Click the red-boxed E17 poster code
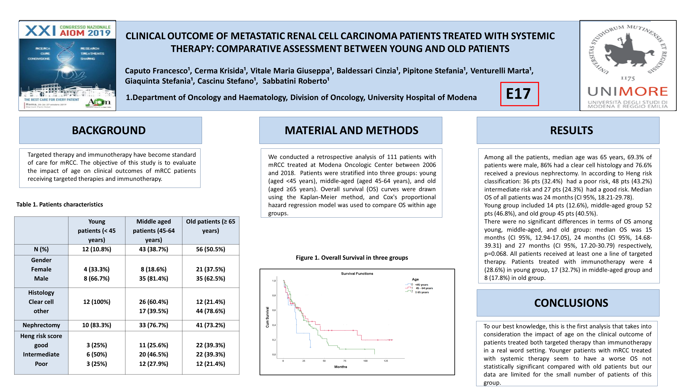(x=519, y=94)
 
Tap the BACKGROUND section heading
(x=109, y=130)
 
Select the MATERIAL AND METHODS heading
(x=351, y=130)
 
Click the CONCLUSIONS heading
(x=571, y=303)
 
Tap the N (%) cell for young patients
(x=97, y=249)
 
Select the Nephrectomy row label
(x=41, y=325)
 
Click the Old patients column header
(x=211, y=226)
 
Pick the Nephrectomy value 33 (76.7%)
(x=153, y=325)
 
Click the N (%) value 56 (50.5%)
(x=211, y=249)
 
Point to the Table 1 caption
(x=59, y=205)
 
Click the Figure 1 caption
(x=352, y=258)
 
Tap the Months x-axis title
(x=340, y=367)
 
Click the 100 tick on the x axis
(x=365, y=361)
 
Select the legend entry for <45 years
(x=422, y=285)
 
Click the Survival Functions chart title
(x=357, y=273)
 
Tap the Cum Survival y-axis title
(x=267, y=317)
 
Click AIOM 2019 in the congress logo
(x=85, y=33)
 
